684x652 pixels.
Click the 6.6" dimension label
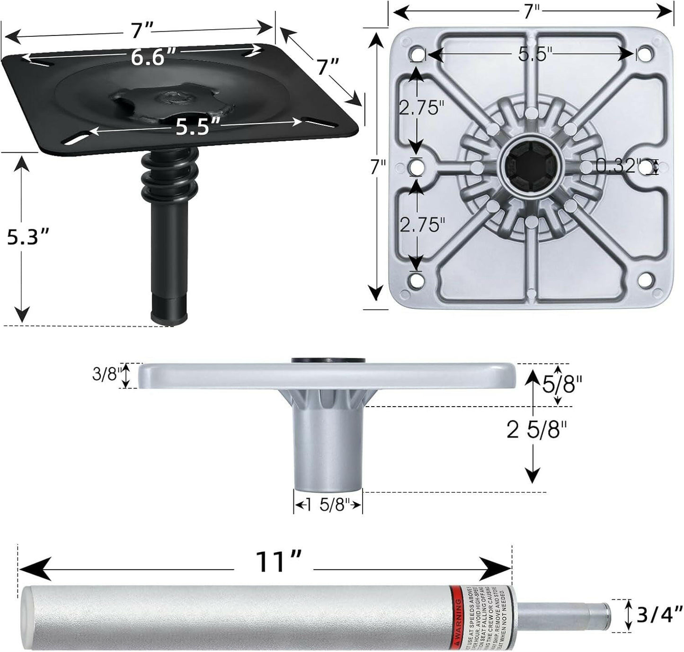[147, 58]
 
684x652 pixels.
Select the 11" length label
[278, 562]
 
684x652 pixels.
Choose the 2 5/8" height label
[537, 430]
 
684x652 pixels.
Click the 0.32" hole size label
[618, 166]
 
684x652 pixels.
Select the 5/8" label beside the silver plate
[561, 384]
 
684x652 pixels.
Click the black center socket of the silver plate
[531, 166]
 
